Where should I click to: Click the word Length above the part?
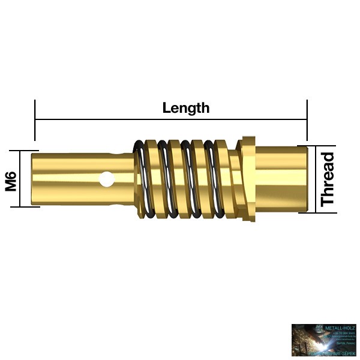click(x=186, y=108)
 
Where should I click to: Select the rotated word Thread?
click(x=328, y=179)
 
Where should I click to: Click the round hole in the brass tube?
click(x=107, y=178)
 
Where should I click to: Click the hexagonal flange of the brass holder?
click(x=247, y=179)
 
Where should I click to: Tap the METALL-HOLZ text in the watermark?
click(x=340, y=328)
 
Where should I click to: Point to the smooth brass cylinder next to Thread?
click(x=282, y=179)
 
